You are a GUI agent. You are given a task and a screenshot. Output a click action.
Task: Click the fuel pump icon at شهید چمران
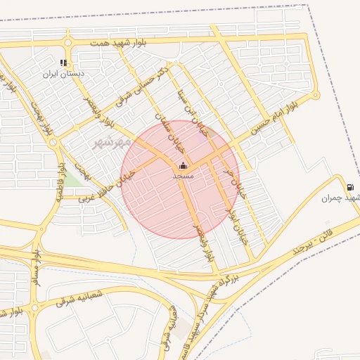(x=350, y=187)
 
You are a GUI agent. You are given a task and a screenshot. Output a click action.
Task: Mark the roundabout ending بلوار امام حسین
(x=315, y=95)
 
